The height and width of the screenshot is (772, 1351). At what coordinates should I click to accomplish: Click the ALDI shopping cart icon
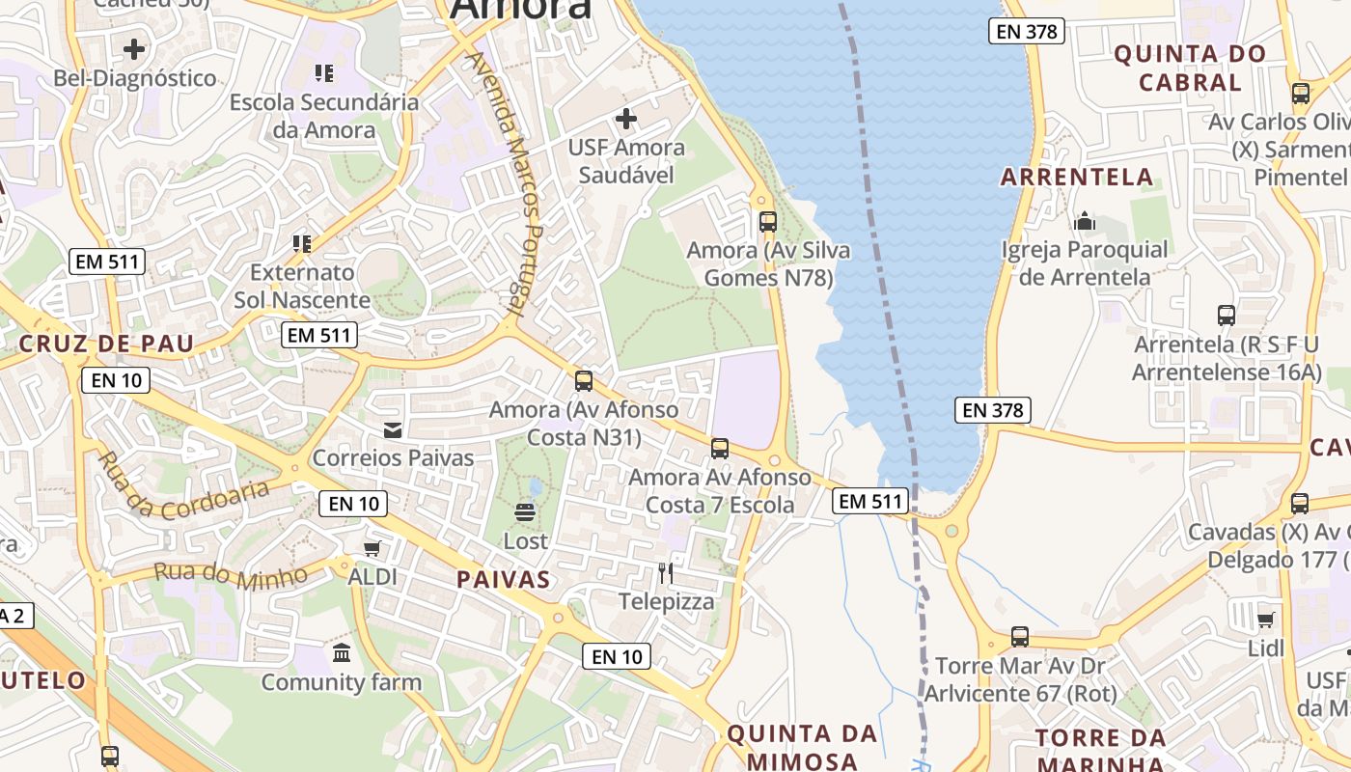pos(372,548)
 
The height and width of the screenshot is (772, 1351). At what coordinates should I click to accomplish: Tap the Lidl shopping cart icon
pos(1266,620)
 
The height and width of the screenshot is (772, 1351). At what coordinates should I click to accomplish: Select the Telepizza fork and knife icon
pos(666,573)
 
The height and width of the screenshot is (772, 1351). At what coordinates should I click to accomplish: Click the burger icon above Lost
pos(525,511)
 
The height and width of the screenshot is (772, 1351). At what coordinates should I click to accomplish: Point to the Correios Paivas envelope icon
pos(393,429)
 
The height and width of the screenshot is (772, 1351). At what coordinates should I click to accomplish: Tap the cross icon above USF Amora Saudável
pos(626,119)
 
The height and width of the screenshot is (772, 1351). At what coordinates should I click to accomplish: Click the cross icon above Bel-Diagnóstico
pos(134,48)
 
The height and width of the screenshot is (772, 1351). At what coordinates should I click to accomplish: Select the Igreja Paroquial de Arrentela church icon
pos(1085,221)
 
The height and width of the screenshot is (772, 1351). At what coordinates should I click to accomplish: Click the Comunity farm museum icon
pos(342,653)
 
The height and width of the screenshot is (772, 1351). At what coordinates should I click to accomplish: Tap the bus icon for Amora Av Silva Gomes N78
pos(768,222)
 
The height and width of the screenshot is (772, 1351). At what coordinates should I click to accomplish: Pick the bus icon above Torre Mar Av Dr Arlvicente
pos(1020,637)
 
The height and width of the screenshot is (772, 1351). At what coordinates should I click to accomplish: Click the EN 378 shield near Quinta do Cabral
pos(1028,31)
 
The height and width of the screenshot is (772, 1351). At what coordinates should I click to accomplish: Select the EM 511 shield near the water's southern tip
pos(870,500)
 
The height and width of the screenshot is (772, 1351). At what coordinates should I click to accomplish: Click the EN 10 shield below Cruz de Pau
pos(117,379)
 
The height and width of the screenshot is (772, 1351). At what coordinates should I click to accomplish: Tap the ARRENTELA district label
pos(1077,177)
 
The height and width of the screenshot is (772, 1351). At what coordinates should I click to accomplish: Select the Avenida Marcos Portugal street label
pos(508,183)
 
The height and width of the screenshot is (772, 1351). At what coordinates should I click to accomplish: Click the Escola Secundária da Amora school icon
pos(324,72)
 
